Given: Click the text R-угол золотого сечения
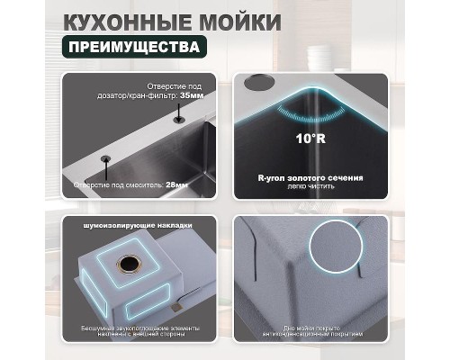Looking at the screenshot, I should pyautogui.click(x=310, y=178).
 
